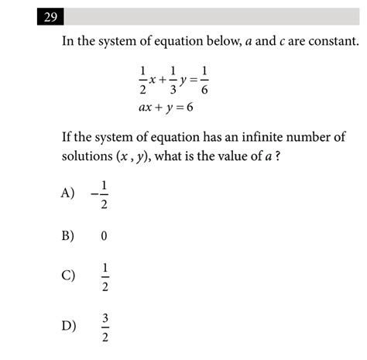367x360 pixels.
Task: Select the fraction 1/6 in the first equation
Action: [204, 80]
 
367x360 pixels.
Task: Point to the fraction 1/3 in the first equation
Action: [172, 80]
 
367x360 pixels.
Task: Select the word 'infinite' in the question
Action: [262, 138]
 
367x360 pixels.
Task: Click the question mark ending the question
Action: [276, 157]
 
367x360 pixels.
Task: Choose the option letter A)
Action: [68, 193]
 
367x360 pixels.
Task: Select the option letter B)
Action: [68, 236]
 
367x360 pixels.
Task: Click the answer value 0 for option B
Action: [103, 236]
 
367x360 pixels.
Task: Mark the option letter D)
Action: [68, 324]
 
